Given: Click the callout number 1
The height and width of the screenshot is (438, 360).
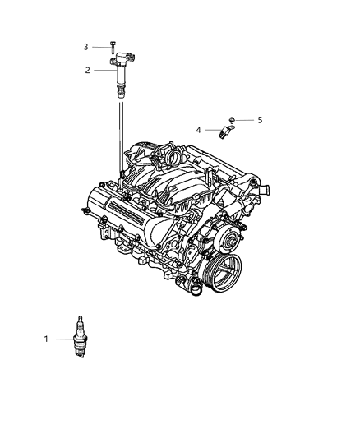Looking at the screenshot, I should pyautogui.click(x=70, y=338).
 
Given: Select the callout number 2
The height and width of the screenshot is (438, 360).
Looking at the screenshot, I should pyautogui.click(x=87, y=70).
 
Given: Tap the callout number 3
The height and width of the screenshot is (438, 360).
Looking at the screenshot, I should pyautogui.click(x=85, y=48).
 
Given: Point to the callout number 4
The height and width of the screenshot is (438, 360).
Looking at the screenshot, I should pyautogui.click(x=198, y=129).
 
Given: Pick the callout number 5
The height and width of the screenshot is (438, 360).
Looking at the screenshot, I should pyautogui.click(x=260, y=120).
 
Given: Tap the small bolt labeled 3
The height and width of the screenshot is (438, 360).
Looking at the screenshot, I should pyautogui.click(x=113, y=48).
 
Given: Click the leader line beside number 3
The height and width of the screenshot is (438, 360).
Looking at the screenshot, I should pyautogui.click(x=99, y=48).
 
